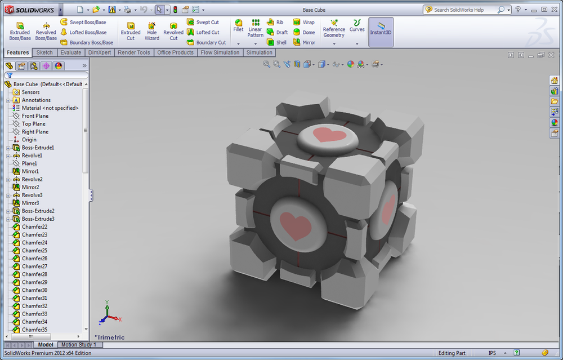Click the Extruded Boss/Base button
pyautogui.click(x=20, y=31)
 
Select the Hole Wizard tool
pyautogui.click(x=152, y=31)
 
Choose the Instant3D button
pyautogui.click(x=381, y=32)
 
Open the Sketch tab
pyautogui.click(x=44, y=52)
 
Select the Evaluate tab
pyautogui.click(x=71, y=52)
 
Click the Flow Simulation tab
pyautogui.click(x=220, y=52)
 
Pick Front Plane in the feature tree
pyautogui.click(x=35, y=115)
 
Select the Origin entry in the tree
pyautogui.click(x=29, y=139)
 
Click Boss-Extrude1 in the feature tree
pyautogui.click(x=38, y=147)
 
